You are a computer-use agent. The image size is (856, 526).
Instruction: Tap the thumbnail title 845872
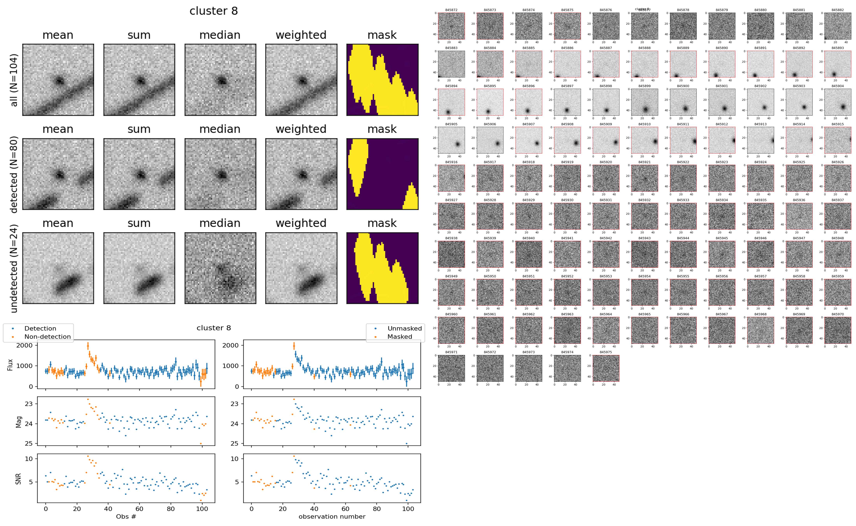point(451,10)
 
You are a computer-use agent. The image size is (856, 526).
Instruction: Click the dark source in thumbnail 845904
point(843,107)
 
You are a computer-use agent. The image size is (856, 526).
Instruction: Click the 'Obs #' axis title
point(126,517)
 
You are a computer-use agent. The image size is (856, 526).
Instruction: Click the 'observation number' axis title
point(332,517)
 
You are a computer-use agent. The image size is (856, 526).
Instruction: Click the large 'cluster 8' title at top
point(214,11)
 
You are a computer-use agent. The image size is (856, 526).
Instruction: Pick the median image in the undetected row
point(220,268)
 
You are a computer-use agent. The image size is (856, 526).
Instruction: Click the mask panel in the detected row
point(382,174)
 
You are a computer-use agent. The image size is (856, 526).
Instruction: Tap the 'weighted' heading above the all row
point(301,35)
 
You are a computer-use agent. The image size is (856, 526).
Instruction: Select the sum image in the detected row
point(139,174)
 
